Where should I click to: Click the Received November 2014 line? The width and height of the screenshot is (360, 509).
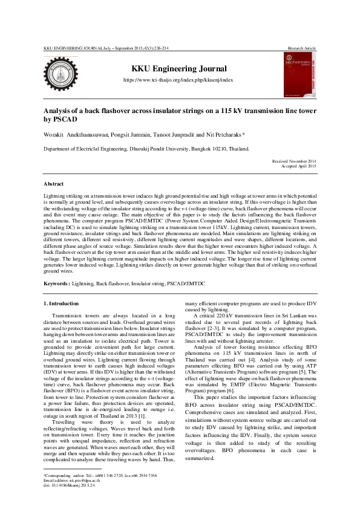[x=292, y=161]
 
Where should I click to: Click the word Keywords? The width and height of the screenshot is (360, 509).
[x=57, y=283]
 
